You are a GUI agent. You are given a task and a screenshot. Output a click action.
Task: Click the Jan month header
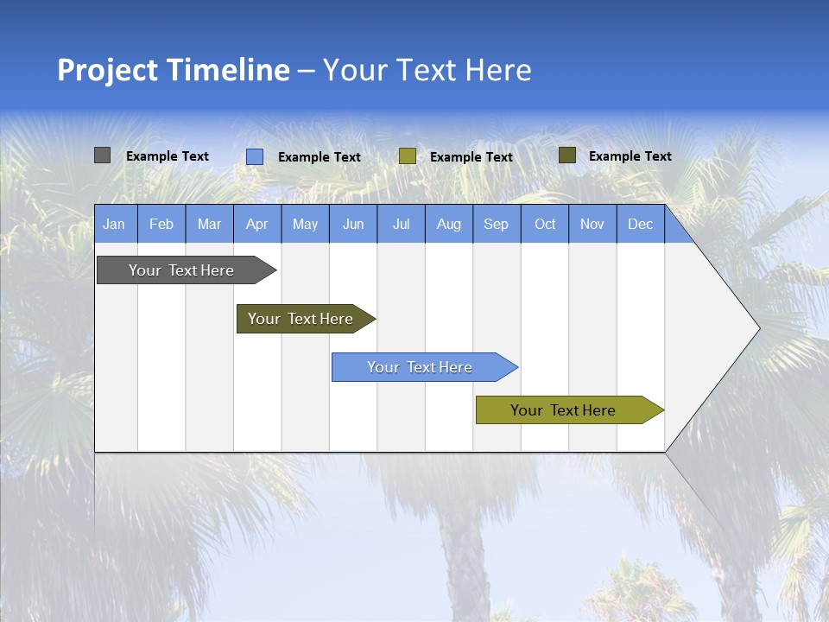[x=114, y=224]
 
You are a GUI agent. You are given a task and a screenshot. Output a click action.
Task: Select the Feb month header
[x=161, y=224]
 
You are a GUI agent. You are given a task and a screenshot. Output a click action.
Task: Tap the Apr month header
[x=256, y=224]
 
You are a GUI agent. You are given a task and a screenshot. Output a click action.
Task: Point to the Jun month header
[x=353, y=224]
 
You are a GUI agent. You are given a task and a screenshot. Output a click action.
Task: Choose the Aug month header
[x=448, y=224]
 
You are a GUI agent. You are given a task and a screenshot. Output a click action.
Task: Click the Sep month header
[x=496, y=224]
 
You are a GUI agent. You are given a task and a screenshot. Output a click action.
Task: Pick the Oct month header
[x=545, y=224]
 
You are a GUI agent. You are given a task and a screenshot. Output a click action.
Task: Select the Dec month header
[x=640, y=224]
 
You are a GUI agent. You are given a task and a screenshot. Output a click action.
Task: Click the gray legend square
[x=103, y=155]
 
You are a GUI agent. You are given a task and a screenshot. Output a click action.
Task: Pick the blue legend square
[x=255, y=156]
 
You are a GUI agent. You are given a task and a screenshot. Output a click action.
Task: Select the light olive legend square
[x=408, y=156]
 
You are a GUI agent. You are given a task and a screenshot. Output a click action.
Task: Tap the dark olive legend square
[x=567, y=155]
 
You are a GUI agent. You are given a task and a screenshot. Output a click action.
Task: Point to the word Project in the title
[x=108, y=70]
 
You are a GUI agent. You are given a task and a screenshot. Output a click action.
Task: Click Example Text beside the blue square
[x=320, y=157]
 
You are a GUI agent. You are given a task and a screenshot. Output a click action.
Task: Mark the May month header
[x=305, y=224]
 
